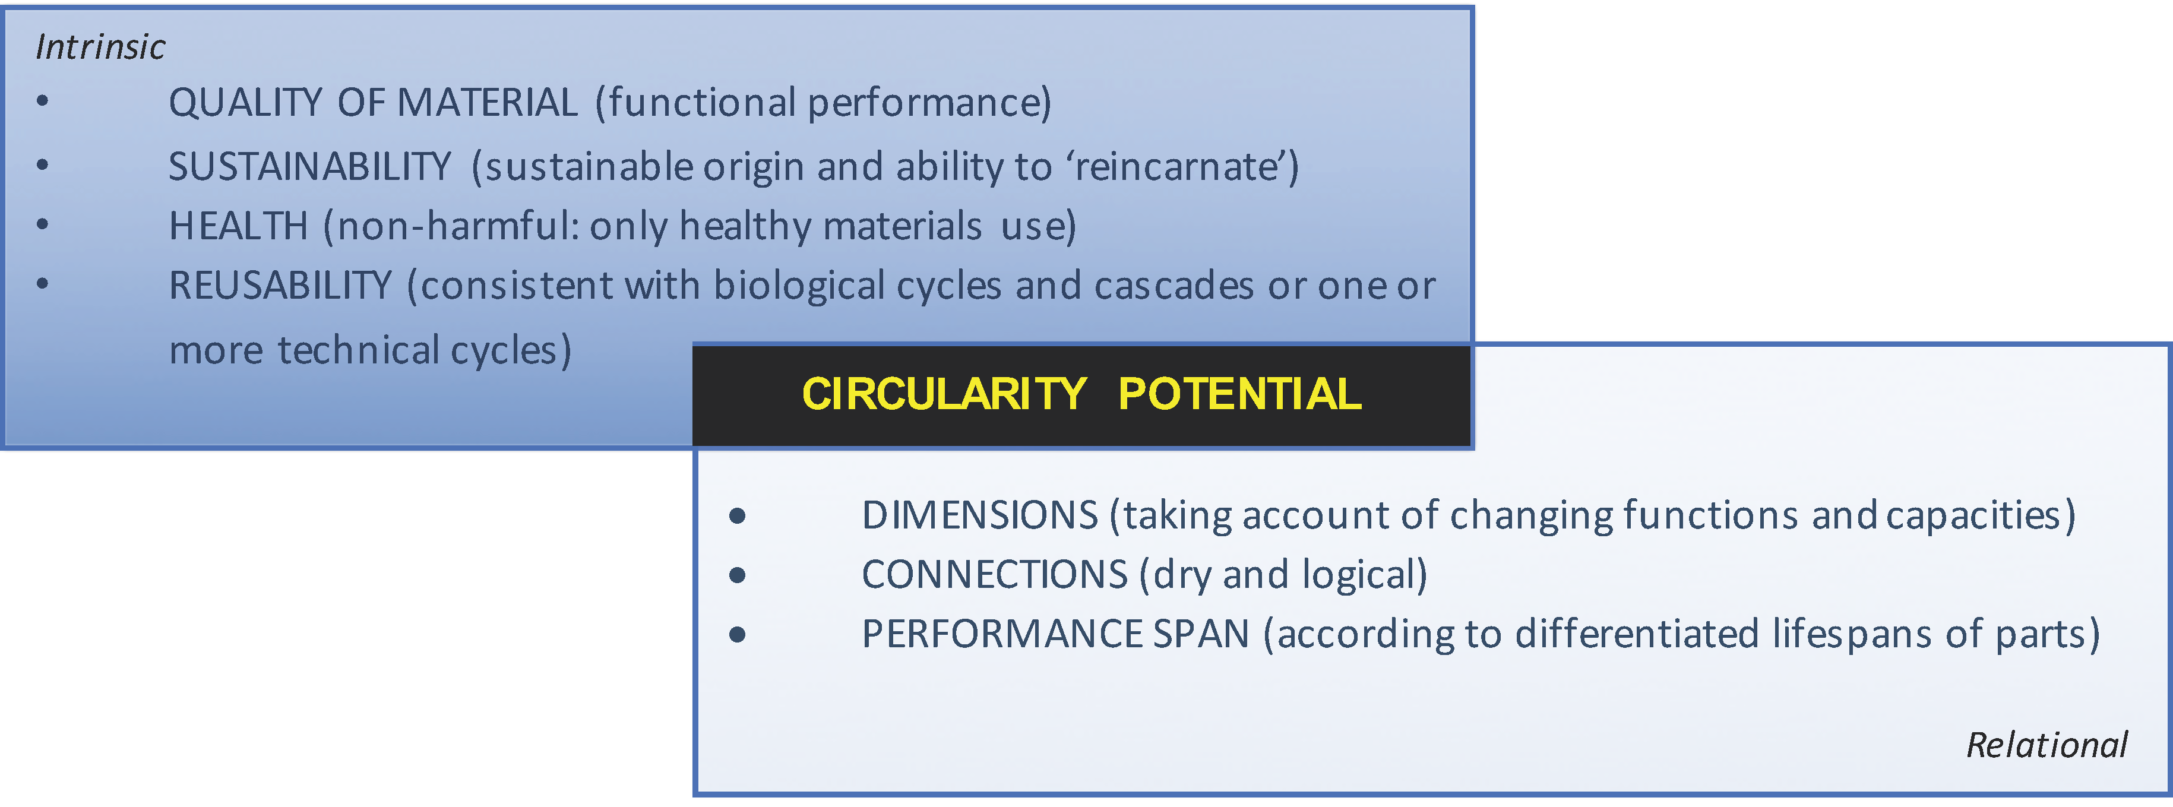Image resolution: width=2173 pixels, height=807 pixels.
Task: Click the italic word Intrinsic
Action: point(100,48)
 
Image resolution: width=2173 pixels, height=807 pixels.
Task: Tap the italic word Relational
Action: point(2047,745)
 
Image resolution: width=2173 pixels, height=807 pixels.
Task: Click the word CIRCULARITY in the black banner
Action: point(944,394)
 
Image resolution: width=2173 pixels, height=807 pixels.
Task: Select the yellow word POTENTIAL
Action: point(1239,394)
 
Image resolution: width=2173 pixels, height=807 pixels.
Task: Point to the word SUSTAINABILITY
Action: point(309,166)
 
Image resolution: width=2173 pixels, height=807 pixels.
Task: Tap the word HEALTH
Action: point(239,226)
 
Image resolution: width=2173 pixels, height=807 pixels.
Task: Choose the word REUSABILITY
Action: point(280,285)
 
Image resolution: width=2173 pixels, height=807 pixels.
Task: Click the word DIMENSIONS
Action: point(980,515)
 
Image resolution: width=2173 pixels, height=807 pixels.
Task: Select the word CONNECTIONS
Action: point(995,574)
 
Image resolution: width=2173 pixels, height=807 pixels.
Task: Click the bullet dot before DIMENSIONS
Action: point(737,516)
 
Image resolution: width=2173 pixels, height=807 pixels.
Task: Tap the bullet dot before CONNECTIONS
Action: point(737,575)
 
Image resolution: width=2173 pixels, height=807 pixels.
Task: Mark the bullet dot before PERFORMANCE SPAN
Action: point(737,634)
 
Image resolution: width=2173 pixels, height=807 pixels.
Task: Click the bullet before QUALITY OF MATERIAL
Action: point(43,101)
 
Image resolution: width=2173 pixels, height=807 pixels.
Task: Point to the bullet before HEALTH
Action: point(43,224)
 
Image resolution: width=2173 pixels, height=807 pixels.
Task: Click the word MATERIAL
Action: point(487,103)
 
